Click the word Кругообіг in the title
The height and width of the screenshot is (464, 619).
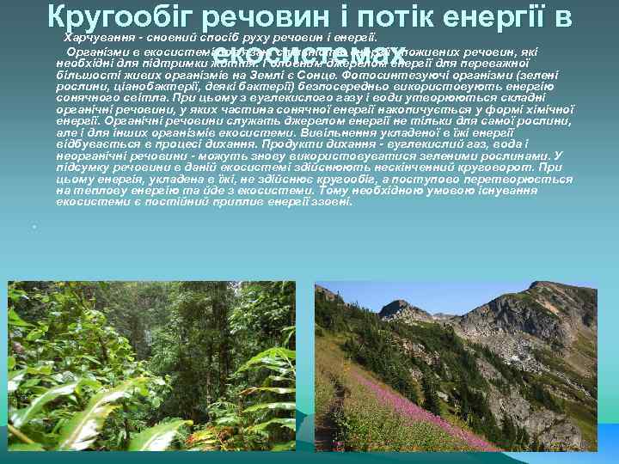coord(124,15)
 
